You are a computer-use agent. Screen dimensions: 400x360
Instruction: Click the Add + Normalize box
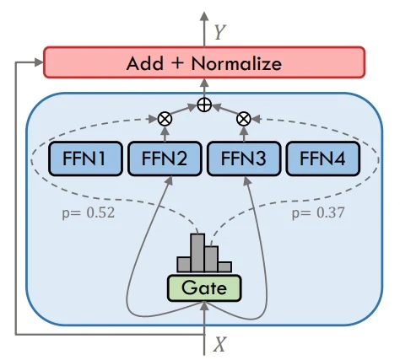[204, 62]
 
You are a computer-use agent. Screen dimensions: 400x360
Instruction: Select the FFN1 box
[85, 159]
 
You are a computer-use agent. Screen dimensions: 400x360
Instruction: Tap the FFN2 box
[165, 159]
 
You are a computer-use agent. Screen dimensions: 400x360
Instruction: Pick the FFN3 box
[244, 159]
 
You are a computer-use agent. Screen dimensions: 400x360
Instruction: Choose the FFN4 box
[323, 159]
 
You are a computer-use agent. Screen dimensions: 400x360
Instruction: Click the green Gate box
[204, 288]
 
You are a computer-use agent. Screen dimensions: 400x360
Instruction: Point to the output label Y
[219, 32]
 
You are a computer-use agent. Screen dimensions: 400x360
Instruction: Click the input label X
[219, 344]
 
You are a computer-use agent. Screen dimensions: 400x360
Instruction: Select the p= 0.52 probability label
[89, 213]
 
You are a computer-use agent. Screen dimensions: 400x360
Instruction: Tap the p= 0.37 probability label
[318, 213]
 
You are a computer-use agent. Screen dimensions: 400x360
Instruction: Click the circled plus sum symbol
[204, 105]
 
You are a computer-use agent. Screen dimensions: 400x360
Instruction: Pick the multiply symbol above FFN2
[165, 119]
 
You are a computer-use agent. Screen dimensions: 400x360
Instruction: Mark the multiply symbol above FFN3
[244, 119]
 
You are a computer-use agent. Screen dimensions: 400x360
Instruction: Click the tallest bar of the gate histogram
[197, 253]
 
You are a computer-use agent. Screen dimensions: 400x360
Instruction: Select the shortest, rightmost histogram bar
[224, 267]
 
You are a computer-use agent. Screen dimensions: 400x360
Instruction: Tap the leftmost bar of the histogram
[184, 265]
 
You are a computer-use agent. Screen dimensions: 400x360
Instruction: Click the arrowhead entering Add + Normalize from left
[39, 62]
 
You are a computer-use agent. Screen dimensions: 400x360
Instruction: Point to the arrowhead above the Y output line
[204, 16]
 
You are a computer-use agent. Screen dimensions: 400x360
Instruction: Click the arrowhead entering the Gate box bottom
[204, 306]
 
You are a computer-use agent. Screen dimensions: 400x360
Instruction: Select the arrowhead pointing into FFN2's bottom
[169, 180]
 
